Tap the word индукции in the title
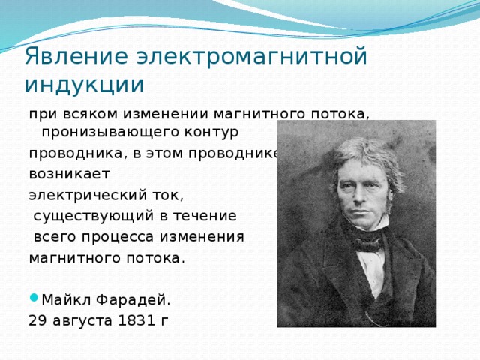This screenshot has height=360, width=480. [x=84, y=84]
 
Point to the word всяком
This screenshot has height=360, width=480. [x=86, y=114]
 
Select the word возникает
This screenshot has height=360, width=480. [x=69, y=174]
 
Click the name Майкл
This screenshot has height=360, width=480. [x=64, y=300]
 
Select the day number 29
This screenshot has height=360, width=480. [x=37, y=321]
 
